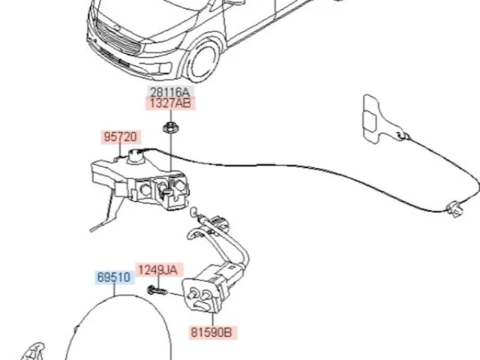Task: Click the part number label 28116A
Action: point(170,91)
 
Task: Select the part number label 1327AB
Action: point(170,103)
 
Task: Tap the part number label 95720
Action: point(121,136)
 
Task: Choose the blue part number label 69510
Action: point(114,277)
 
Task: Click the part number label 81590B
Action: point(211,332)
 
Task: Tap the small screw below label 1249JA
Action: point(157,290)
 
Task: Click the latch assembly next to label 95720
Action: point(139,181)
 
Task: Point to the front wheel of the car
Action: point(203,61)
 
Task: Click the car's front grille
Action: point(118,38)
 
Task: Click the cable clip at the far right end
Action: point(454,209)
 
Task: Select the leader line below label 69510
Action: point(114,289)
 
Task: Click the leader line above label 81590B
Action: point(213,319)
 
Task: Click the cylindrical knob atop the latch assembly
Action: point(136,157)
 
